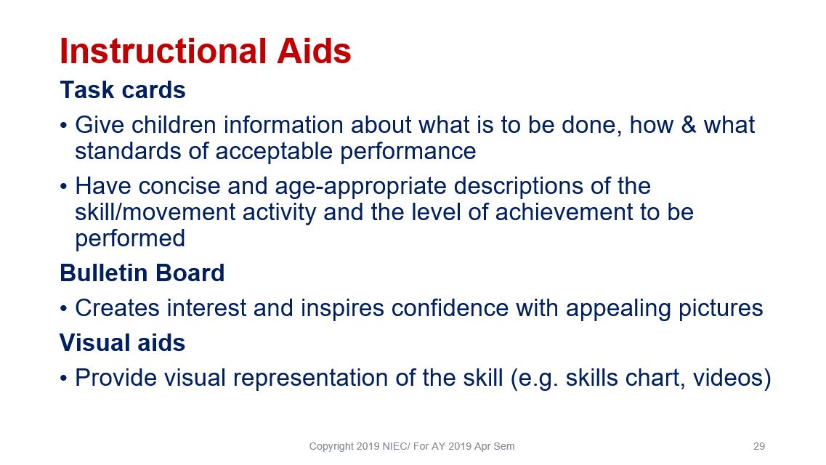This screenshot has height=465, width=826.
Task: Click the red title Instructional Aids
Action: click(x=206, y=51)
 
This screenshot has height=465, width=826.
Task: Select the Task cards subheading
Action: click(x=123, y=90)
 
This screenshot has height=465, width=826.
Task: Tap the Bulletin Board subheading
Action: click(x=142, y=273)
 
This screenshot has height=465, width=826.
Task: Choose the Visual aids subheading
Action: click(x=122, y=343)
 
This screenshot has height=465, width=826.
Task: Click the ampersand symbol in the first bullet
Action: click(x=689, y=126)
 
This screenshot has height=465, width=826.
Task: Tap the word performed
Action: click(x=130, y=238)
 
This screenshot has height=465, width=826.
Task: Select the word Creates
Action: click(x=117, y=308)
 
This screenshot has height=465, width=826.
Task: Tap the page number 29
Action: click(x=759, y=447)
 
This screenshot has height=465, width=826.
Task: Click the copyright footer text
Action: click(x=412, y=447)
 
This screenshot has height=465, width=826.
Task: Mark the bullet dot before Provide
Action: click(x=64, y=379)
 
